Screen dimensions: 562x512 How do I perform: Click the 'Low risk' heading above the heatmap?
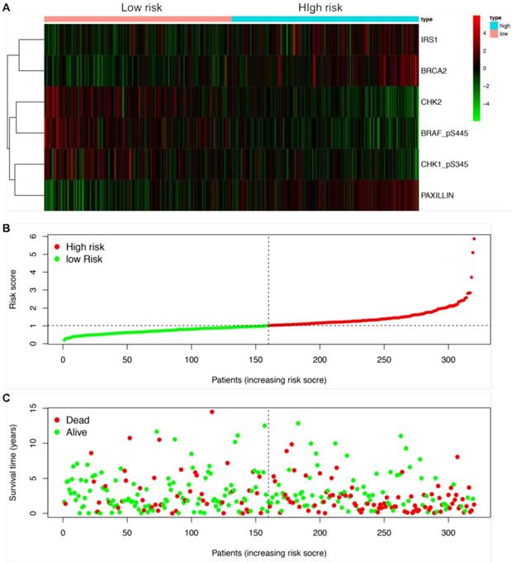tap(137, 8)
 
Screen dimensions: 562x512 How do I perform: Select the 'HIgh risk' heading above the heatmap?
tap(322, 8)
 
